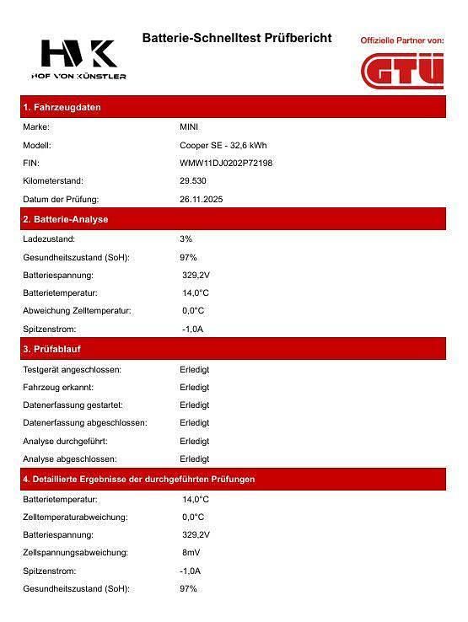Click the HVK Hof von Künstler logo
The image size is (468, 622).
[x=83, y=59]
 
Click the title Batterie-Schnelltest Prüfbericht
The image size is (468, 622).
[x=237, y=39]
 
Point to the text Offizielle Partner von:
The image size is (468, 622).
[x=401, y=40]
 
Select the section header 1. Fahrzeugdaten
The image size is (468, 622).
[x=62, y=108]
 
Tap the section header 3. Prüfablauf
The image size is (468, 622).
[x=52, y=349]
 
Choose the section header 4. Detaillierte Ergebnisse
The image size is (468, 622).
[x=138, y=479]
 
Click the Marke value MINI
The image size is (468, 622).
[x=189, y=127]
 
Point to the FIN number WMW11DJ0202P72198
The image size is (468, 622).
[x=226, y=163]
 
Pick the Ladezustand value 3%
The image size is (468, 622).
[x=186, y=239]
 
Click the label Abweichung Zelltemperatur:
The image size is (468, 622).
[x=77, y=311]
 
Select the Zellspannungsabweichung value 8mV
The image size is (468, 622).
[x=191, y=553]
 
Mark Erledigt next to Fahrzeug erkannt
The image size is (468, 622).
[x=195, y=388]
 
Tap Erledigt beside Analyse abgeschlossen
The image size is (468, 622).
[x=195, y=459]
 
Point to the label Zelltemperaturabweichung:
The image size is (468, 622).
[x=75, y=517]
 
